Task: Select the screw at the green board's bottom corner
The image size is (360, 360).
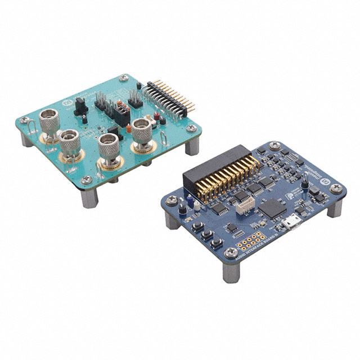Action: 86,180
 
